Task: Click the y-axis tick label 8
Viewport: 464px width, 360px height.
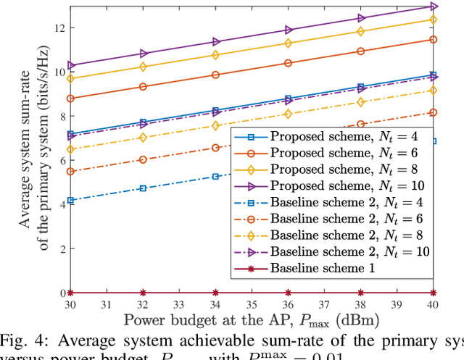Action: pos(62,116)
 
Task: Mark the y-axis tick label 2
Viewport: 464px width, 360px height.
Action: pos(62,248)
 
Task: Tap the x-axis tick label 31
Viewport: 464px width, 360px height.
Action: pos(107,304)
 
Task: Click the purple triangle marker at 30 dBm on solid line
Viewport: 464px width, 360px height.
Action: pos(70,65)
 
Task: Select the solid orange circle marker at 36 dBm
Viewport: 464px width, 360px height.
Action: pos(289,63)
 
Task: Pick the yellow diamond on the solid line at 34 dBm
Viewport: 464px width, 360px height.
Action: pos(215,55)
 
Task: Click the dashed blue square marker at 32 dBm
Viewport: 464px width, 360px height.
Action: pos(143,188)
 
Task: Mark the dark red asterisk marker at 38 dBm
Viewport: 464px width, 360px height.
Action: pos(361,293)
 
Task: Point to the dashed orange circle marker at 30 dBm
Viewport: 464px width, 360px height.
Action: pos(70,172)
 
